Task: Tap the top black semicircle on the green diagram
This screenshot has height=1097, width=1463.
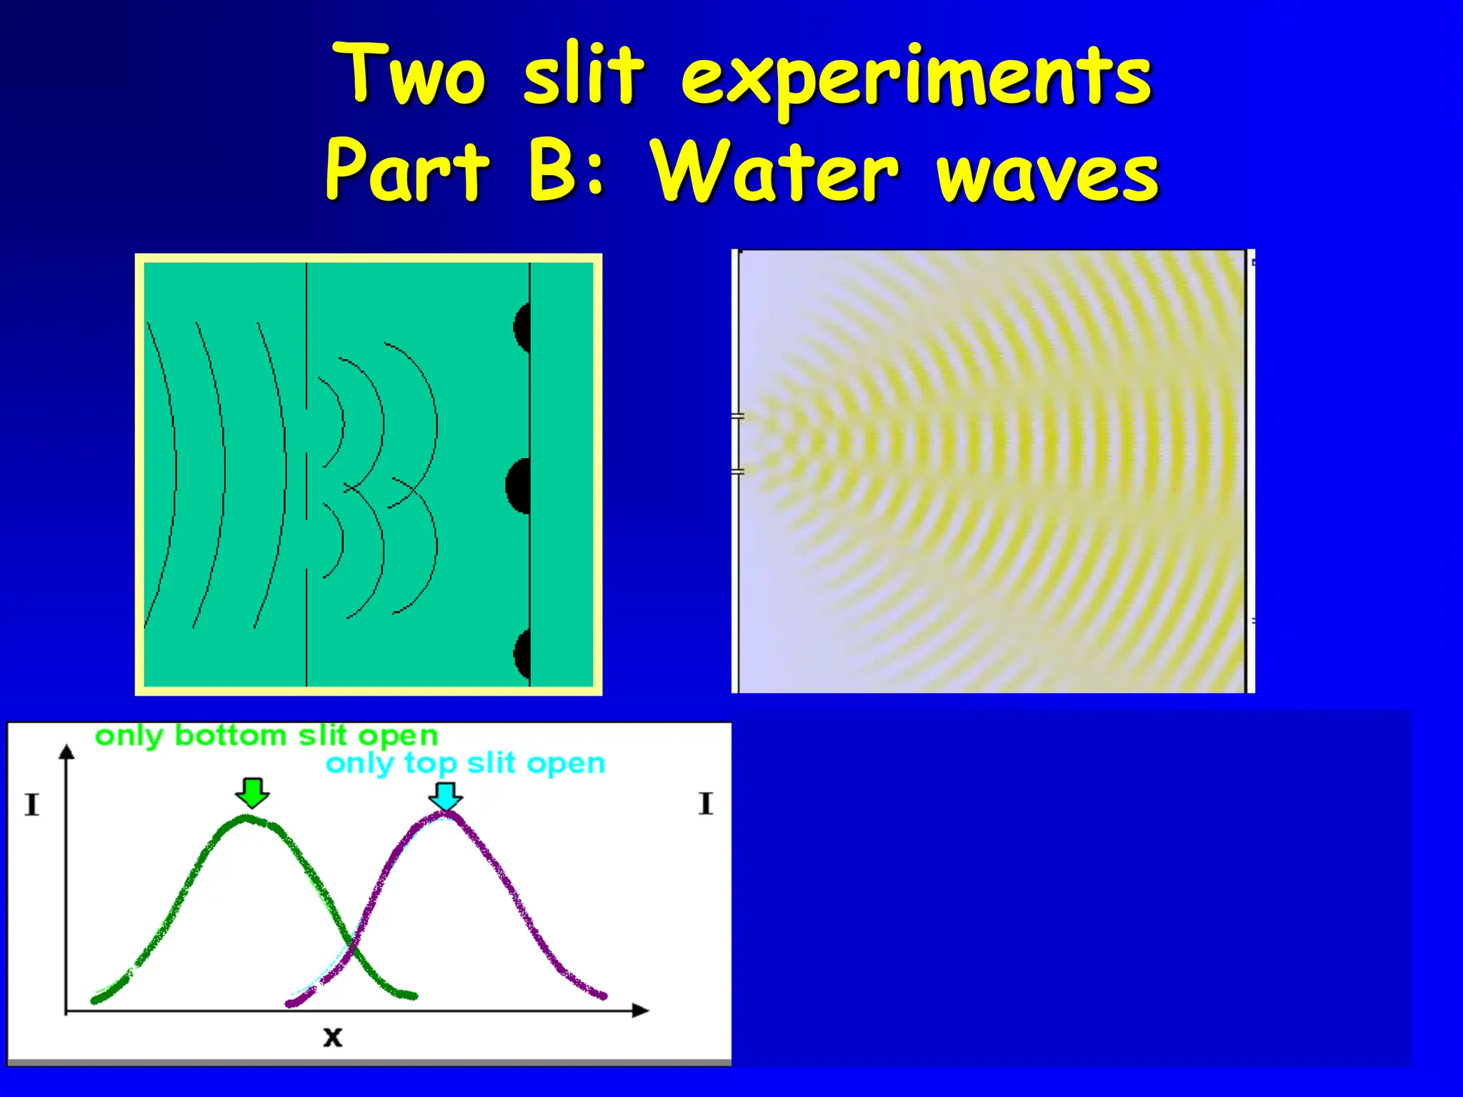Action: point(522,328)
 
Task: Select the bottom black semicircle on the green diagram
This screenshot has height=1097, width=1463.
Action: point(522,653)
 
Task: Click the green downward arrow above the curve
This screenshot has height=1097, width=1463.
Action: point(252,792)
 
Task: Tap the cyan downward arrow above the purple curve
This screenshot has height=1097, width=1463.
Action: point(446,796)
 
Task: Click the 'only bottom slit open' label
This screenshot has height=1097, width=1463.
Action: point(266,736)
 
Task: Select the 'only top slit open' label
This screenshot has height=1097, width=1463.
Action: point(465,763)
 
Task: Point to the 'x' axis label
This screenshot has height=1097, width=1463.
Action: point(332,1036)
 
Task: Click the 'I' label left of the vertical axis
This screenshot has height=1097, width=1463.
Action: point(31,805)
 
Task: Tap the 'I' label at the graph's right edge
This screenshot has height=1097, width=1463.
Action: point(706,803)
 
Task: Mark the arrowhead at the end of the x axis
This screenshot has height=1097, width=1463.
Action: point(640,1010)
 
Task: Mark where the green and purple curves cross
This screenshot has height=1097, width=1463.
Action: point(351,949)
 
